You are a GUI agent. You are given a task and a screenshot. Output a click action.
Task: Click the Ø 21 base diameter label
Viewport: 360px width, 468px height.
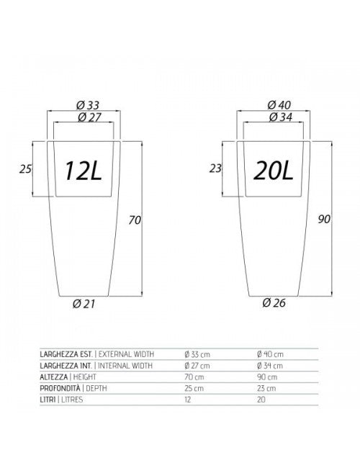[x=85, y=303]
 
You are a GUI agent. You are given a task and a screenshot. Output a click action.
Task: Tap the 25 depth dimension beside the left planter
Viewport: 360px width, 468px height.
[x=26, y=170]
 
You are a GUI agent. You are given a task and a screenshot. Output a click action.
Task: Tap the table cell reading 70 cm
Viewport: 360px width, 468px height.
[x=193, y=376]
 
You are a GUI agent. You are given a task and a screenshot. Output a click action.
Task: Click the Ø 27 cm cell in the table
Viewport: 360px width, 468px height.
[x=197, y=365]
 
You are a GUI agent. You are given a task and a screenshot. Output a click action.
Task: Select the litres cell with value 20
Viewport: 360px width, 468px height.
[x=261, y=399]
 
